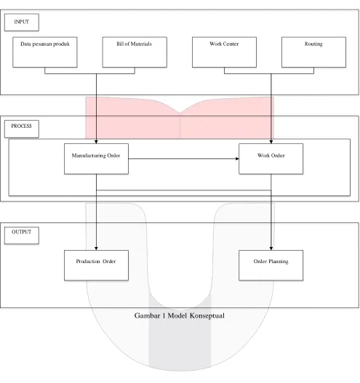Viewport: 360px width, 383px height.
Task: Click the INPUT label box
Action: [x=22, y=23]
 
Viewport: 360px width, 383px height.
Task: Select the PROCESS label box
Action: [x=22, y=129]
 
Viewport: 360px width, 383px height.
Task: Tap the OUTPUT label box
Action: [x=22, y=235]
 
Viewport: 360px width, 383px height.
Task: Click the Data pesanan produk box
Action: [x=45, y=52]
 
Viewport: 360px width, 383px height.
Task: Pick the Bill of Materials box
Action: [x=135, y=52]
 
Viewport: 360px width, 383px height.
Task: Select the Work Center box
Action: [x=224, y=52]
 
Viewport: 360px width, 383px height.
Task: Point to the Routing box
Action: [x=313, y=52]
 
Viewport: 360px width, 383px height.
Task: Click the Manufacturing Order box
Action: [x=96, y=158]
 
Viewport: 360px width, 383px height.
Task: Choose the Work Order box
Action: [x=271, y=158]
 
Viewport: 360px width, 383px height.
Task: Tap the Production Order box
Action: [x=96, y=265]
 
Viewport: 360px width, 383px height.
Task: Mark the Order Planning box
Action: [x=271, y=265]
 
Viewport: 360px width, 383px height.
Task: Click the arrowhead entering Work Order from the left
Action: [x=237, y=158]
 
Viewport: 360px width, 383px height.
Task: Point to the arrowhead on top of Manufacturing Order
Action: [x=96, y=142]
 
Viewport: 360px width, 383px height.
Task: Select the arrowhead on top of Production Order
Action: [x=96, y=249]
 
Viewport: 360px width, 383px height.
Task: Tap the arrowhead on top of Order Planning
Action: [x=271, y=249]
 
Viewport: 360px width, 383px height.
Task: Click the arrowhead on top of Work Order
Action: [x=271, y=142]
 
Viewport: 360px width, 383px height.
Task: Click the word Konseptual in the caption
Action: [x=207, y=316]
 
